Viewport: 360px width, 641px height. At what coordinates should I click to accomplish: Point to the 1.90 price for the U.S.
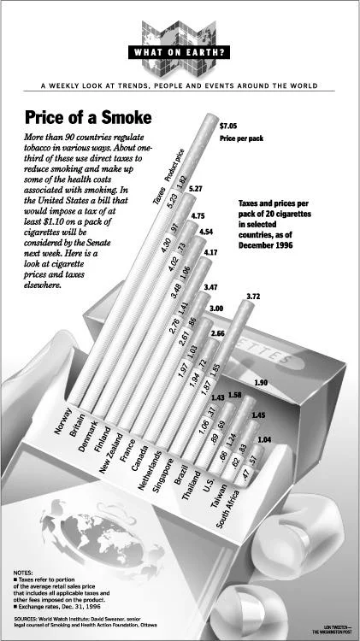[262, 382]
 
